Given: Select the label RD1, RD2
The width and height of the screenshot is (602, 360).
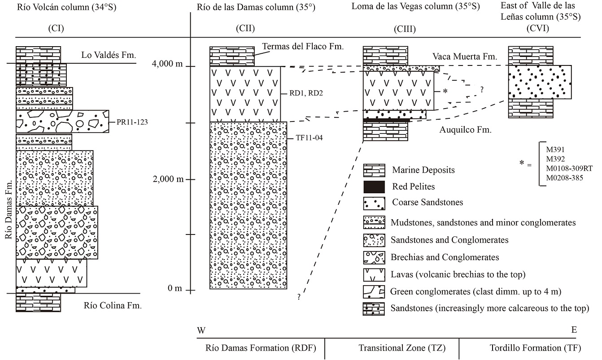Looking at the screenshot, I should coord(304,94).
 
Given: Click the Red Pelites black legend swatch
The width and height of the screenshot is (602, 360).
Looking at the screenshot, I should coord(374,186).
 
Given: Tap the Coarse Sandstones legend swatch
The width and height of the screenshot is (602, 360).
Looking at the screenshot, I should coord(374,203).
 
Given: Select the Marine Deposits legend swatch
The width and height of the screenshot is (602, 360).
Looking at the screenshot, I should coord(374,170).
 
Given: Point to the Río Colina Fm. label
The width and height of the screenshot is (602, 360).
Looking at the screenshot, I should coord(113,306).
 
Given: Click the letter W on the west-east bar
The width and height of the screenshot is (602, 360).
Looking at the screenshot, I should coord(201,330).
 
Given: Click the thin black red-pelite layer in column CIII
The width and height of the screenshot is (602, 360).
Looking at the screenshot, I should coord(386,120).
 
